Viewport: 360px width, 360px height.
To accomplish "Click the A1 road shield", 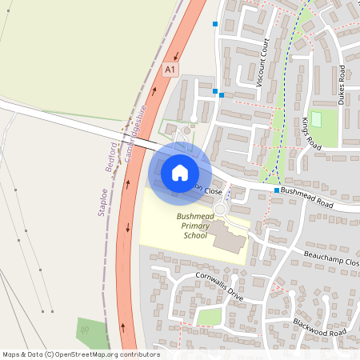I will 170,70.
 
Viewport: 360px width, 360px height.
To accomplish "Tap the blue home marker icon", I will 179,172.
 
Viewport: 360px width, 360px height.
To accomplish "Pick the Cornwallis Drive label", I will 218,285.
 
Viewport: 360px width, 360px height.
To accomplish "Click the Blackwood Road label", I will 319,326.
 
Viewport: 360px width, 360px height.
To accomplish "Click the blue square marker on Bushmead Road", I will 277,190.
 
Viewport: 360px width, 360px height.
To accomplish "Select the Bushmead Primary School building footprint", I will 230,239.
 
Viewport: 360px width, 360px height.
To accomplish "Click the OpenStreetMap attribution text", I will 81,354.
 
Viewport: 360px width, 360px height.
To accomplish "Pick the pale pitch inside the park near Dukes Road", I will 315,119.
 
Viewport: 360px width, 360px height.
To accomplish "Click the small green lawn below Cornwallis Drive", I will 209,317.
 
